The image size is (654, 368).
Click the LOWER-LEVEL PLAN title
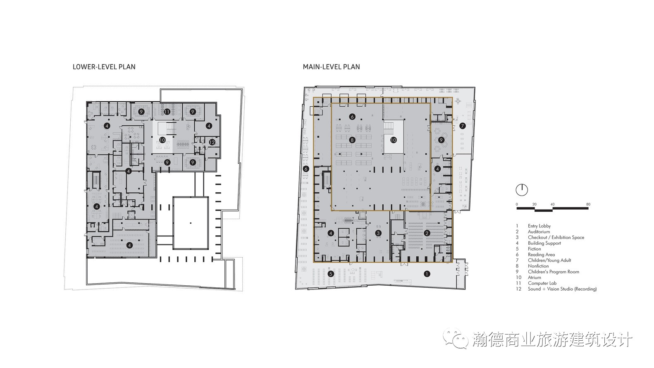(104, 67)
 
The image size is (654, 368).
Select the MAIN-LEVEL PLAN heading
(332, 67)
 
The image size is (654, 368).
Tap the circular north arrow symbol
(522, 190)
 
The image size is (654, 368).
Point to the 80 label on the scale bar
(588, 204)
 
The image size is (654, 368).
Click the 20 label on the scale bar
(534, 204)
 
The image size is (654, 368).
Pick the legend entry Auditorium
(539, 232)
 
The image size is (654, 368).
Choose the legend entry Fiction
(534, 249)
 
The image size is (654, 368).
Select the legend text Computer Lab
(542, 283)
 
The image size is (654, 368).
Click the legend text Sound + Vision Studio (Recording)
(562, 289)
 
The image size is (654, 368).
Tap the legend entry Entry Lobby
(539, 226)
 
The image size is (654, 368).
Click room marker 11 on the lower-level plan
(167, 112)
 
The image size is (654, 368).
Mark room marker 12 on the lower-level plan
(212, 142)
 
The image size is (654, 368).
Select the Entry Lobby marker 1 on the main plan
(427, 274)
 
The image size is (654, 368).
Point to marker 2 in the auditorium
(427, 233)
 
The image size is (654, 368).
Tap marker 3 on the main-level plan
(378, 233)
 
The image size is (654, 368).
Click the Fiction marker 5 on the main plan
(330, 274)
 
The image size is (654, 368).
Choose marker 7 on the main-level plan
(462, 126)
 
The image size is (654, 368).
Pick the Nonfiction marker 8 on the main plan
(352, 140)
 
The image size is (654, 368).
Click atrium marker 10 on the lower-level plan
(162, 140)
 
